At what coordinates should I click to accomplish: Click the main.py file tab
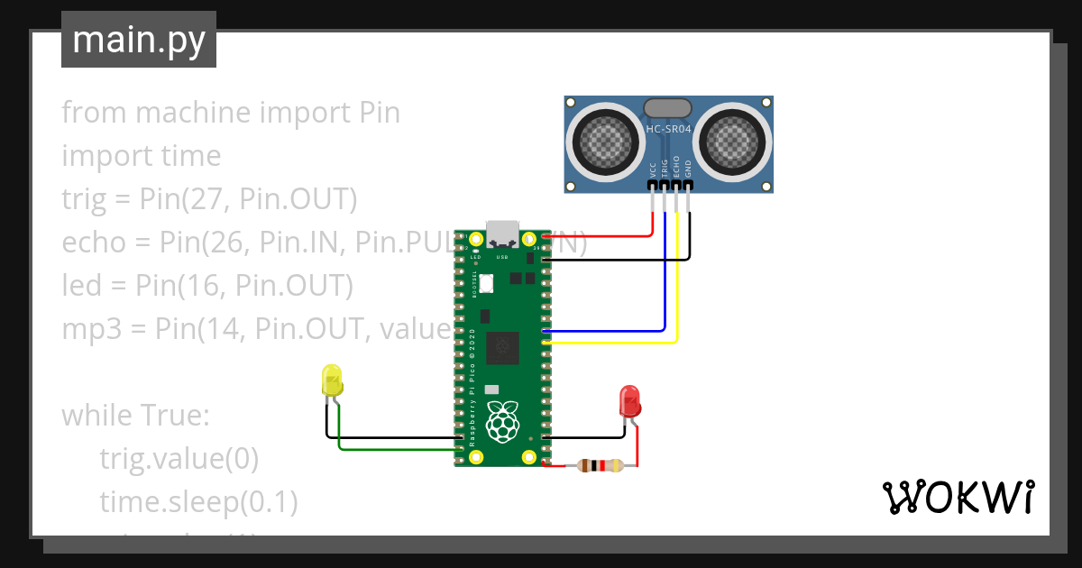coord(138,40)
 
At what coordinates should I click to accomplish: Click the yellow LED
coord(332,381)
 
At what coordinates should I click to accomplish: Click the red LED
coord(630,401)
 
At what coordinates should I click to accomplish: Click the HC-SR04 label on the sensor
coord(668,129)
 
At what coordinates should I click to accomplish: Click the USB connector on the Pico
coord(502,234)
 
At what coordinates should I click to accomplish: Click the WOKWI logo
coord(957,498)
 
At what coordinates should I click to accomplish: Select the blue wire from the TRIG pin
coord(665,270)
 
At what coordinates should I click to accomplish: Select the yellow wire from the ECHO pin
coord(676,289)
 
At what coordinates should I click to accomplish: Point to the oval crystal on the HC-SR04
coord(668,108)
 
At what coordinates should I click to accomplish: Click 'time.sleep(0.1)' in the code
coord(198,502)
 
